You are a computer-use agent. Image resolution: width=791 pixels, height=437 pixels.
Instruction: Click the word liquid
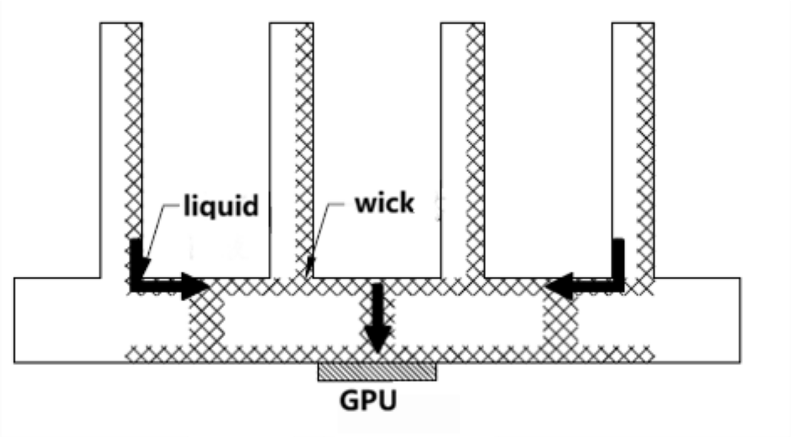221,205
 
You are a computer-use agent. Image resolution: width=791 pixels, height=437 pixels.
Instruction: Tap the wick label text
384,203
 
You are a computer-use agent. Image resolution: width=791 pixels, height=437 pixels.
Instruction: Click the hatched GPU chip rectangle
377,371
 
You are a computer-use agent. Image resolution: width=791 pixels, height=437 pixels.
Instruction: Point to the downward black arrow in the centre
377,316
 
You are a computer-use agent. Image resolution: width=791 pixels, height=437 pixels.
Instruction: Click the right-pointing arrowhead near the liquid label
194,286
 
